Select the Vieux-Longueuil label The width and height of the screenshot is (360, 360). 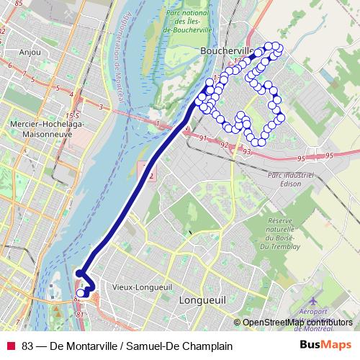(x=142, y=287)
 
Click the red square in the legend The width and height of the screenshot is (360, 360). (x=11, y=346)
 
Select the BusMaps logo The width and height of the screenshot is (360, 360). (x=325, y=346)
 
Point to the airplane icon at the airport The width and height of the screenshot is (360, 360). (x=313, y=297)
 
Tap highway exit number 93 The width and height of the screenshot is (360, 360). (x=247, y=151)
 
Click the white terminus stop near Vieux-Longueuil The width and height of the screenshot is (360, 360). (x=81, y=293)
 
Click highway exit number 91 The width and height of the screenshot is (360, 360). (x=204, y=138)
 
